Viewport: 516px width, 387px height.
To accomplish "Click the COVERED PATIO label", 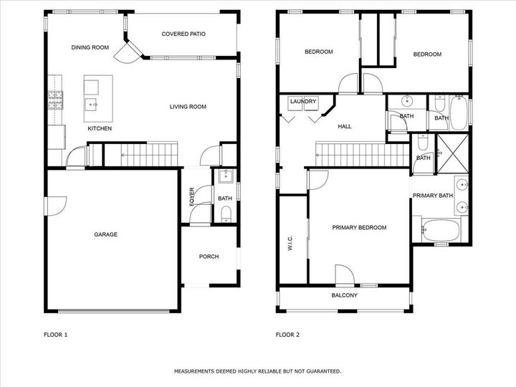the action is (x=183, y=34).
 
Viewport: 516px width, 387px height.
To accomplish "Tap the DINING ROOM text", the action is (x=90, y=47).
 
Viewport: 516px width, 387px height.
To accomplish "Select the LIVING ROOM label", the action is (x=188, y=107).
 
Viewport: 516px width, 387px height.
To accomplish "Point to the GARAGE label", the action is (x=105, y=234).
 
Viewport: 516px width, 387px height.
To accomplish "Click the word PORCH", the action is (x=209, y=257).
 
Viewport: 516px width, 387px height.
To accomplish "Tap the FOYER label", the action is (x=192, y=197).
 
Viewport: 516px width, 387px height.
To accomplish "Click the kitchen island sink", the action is (x=91, y=105).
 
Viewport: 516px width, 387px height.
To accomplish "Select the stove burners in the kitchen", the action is (x=55, y=100).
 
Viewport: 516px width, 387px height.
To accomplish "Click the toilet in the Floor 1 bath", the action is (x=226, y=214).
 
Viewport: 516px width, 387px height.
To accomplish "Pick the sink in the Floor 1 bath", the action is (x=226, y=176).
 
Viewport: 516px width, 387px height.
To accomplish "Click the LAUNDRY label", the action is (x=303, y=101).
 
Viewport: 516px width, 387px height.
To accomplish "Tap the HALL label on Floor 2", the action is (x=345, y=126).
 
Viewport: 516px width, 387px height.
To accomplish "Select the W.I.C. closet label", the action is (x=290, y=243).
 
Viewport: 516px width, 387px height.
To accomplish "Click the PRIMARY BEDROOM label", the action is (x=359, y=227).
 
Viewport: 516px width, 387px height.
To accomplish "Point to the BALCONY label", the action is (x=344, y=295).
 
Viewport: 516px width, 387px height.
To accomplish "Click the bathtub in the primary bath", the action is (x=441, y=230).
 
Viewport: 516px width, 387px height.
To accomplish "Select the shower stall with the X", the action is (x=452, y=153).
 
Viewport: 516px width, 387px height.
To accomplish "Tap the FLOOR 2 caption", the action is (x=287, y=335).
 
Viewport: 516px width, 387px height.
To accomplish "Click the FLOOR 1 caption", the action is (x=56, y=335).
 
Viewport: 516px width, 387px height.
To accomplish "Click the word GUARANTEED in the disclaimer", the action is (x=324, y=371).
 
